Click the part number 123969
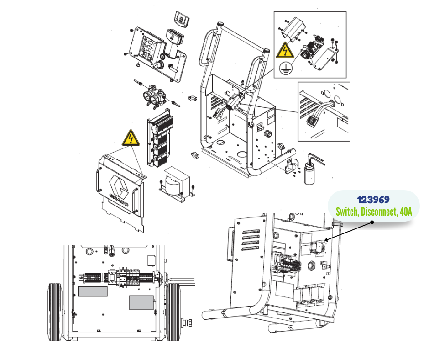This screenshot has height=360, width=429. [373, 200]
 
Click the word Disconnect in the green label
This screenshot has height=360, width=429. [379, 212]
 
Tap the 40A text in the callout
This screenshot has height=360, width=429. [406, 212]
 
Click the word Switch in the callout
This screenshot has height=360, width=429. [347, 212]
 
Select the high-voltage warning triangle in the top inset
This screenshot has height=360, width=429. [285, 50]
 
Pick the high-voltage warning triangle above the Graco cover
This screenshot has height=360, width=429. [131, 138]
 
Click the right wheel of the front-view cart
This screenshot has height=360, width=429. [173, 312]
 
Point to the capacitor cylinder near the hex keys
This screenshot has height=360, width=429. [309, 173]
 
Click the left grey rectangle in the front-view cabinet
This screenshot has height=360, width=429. [93, 291]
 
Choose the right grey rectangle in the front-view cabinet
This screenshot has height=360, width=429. [141, 303]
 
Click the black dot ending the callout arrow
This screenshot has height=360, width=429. [372, 222]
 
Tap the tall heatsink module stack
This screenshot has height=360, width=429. [160, 138]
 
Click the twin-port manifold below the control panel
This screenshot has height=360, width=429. [155, 96]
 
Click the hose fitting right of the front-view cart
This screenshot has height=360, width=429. [188, 323]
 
